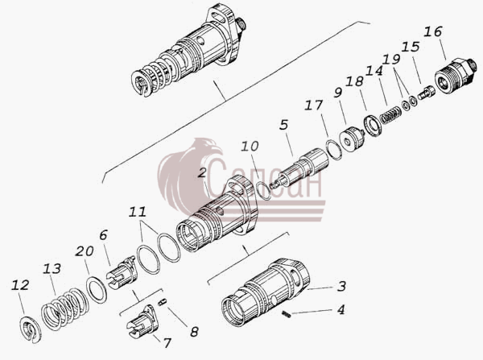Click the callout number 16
point(433,31)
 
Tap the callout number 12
point(20,285)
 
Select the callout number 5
point(284,125)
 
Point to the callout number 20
point(85,251)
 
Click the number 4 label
point(341,309)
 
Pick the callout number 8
point(194,332)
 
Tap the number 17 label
point(314,106)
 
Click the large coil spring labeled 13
point(65,309)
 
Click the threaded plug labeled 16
point(456,76)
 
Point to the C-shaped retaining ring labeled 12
point(31,330)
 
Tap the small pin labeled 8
point(163,302)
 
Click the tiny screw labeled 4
point(287,314)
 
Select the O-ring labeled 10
point(264,191)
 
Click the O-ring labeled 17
point(334,150)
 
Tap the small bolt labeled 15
point(427,92)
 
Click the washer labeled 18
point(373,126)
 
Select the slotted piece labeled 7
point(142,323)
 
